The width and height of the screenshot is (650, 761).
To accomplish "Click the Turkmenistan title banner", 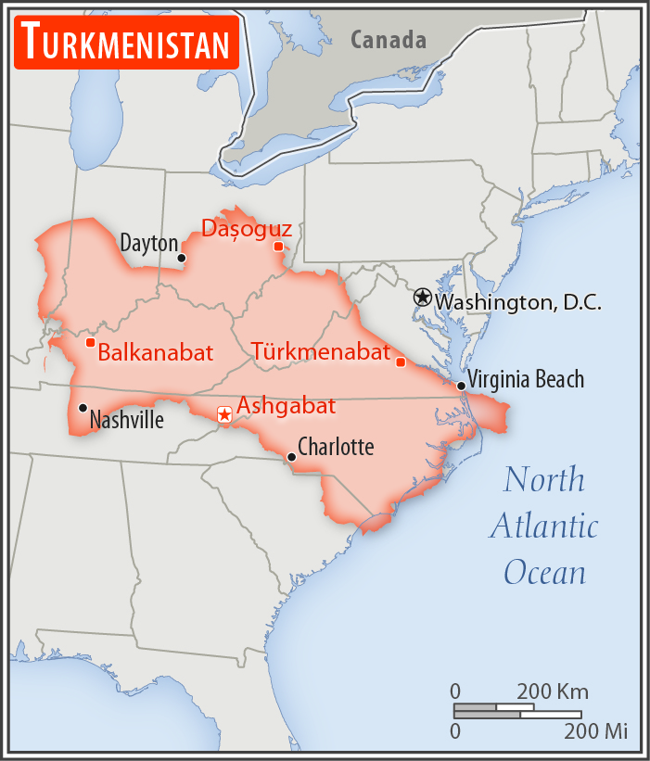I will click(x=126, y=44).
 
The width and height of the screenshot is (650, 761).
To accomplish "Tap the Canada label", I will click(x=389, y=40).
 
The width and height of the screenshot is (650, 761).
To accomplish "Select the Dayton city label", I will click(x=148, y=244).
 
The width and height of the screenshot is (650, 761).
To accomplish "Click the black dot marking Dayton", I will click(x=182, y=258).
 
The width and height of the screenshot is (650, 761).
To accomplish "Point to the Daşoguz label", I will click(x=247, y=228).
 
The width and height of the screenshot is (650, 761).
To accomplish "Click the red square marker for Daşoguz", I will click(x=278, y=246).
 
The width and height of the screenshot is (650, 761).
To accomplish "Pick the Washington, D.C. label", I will click(x=518, y=302).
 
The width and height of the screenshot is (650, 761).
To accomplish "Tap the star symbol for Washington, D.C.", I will click(x=423, y=298).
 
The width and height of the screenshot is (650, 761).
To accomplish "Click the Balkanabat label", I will click(x=155, y=352).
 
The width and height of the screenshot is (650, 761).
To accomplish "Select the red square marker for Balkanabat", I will click(x=90, y=342).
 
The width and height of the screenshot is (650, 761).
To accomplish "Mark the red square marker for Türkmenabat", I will click(x=401, y=361).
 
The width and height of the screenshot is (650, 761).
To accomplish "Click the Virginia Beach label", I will click(x=526, y=379).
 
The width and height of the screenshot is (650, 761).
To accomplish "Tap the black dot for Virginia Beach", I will click(x=461, y=386).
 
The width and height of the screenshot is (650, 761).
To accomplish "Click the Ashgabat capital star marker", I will click(x=223, y=414).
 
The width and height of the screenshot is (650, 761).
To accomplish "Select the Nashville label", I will click(x=126, y=421).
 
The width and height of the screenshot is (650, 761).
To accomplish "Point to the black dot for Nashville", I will click(x=83, y=408).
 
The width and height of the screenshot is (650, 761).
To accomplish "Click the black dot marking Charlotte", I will click(x=291, y=456).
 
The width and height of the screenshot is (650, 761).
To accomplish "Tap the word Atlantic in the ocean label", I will click(x=544, y=526).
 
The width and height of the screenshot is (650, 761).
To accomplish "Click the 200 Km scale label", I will click(x=553, y=692).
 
